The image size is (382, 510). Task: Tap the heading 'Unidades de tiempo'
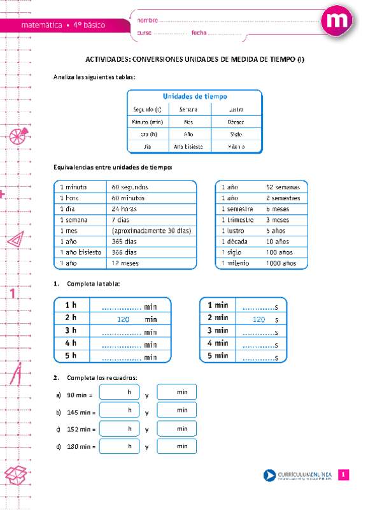tap(195, 96)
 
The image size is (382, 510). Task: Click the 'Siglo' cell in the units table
tap(236, 135)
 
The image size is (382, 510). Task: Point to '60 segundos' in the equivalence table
tap(130, 187)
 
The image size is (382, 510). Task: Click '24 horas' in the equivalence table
tap(124, 208)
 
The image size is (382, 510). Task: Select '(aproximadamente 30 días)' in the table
tap(152, 230)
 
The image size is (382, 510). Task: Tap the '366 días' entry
tap(124, 252)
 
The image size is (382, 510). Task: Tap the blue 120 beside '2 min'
tap(258, 319)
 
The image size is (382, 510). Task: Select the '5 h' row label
tap(70, 356)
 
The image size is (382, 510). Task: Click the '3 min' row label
tap(218, 330)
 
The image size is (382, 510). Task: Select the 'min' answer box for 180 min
tap(177, 446)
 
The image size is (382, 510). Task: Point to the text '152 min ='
tap(80, 430)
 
